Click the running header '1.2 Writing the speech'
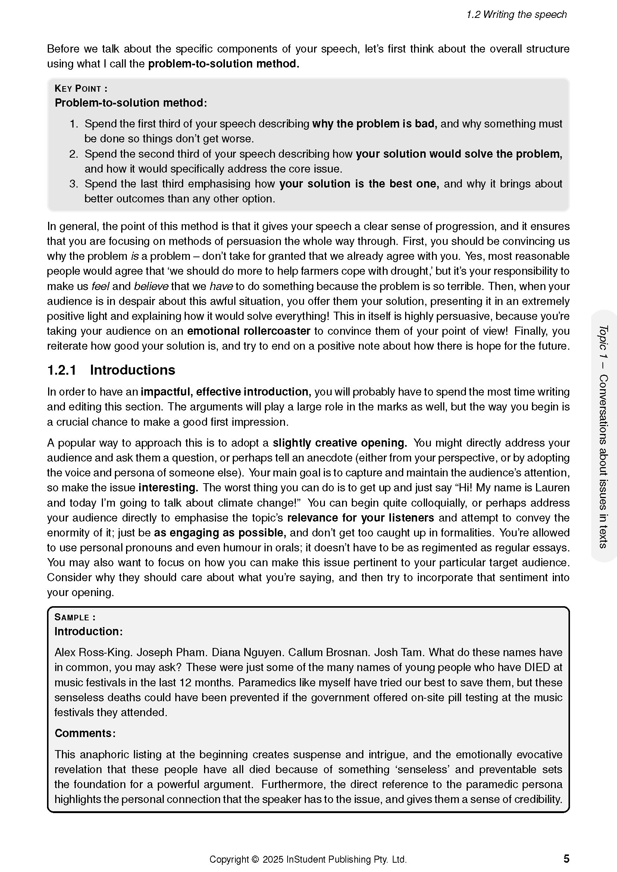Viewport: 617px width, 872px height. [516, 15]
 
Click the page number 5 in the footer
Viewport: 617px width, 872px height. [566, 859]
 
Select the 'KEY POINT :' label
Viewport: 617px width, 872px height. [81, 88]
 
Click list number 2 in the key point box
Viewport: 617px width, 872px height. [74, 154]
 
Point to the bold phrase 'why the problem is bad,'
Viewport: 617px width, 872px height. [375, 124]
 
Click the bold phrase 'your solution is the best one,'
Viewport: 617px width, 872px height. [359, 184]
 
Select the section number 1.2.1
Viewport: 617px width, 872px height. [62, 370]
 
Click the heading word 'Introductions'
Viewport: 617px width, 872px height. [132, 370]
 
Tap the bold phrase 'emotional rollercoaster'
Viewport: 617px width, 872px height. [249, 331]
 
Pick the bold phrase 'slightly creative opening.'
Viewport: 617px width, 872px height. [340, 443]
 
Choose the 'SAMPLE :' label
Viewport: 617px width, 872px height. [75, 617]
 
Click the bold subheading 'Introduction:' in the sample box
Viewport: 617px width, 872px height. [88, 631]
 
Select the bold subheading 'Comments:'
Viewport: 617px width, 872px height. [85, 733]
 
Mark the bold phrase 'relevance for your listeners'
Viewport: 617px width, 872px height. [361, 518]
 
